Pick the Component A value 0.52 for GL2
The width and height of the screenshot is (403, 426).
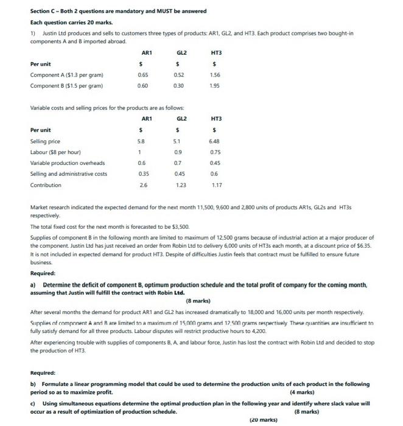point(178,74)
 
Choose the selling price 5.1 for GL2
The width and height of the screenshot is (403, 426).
point(178,141)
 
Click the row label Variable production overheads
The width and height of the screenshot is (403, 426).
point(68,162)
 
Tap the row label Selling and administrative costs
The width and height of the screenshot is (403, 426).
point(68,173)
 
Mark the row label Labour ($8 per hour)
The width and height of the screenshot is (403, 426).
point(55,152)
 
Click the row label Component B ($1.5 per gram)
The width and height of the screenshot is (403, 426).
point(66,86)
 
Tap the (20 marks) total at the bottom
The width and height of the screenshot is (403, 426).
point(264,420)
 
